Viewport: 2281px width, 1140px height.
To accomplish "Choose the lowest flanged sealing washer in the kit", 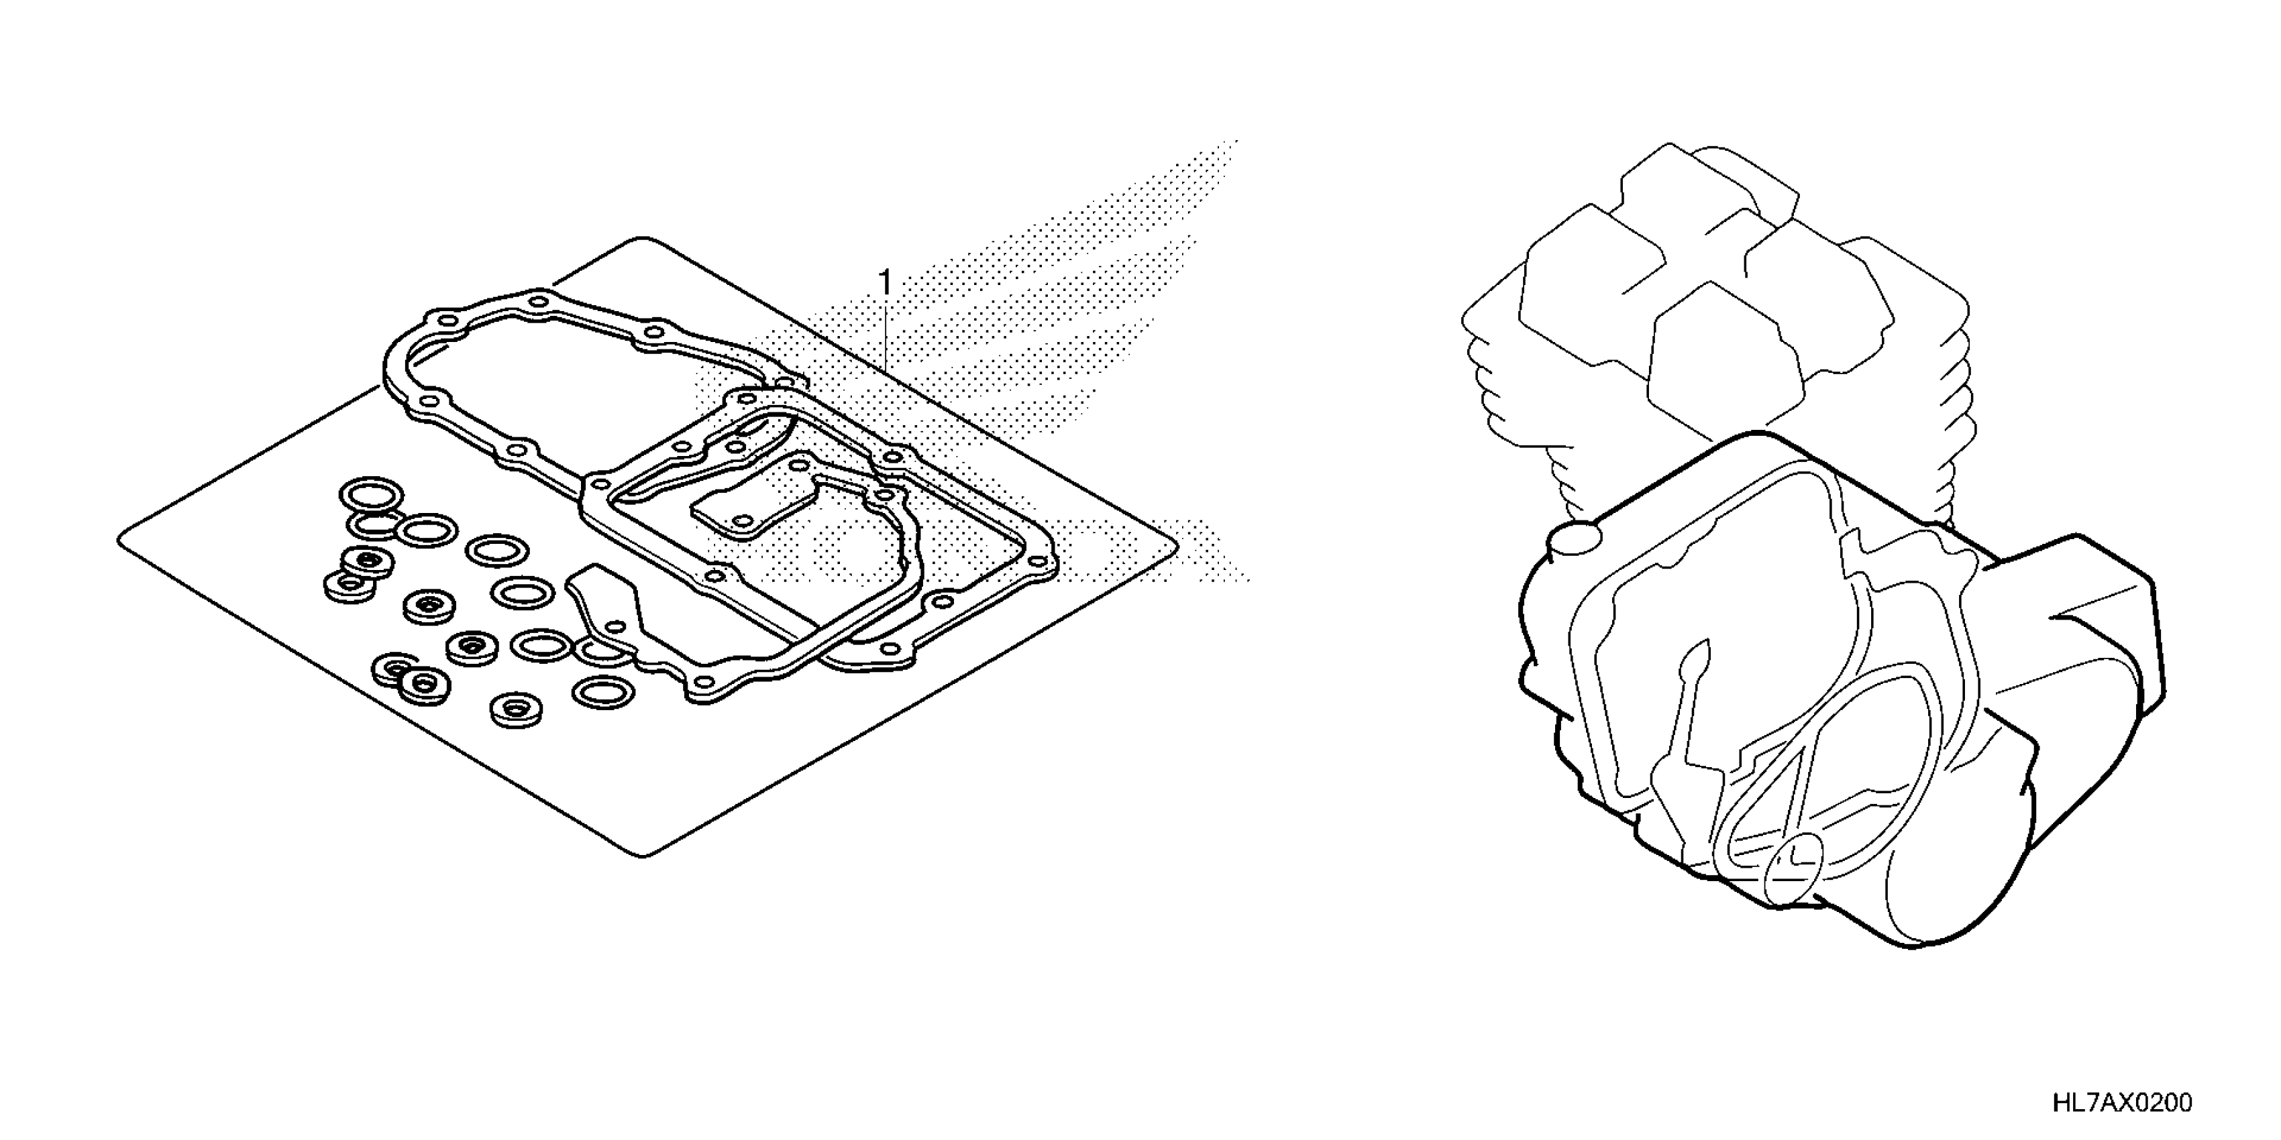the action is coord(516,710).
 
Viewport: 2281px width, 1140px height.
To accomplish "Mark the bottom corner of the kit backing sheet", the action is coord(645,854).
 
